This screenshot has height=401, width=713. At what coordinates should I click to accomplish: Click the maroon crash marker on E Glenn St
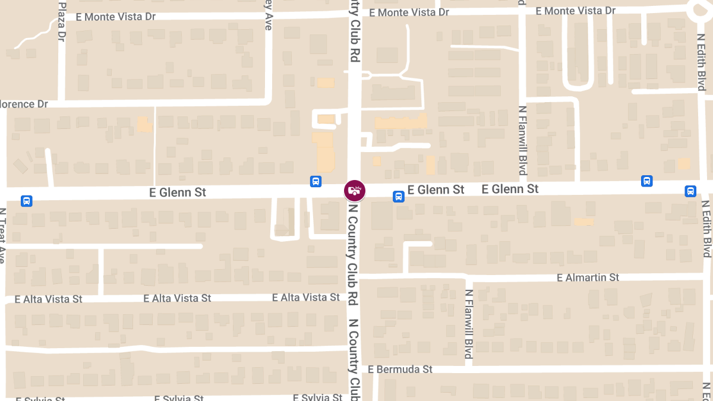click(x=355, y=191)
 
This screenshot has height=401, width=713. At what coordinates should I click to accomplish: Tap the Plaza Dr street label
click(x=62, y=21)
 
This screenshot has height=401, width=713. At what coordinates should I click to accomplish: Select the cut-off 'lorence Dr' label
click(x=24, y=104)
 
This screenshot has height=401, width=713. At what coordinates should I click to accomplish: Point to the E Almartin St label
click(x=588, y=277)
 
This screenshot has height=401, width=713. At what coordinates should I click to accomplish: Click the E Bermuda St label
click(x=400, y=369)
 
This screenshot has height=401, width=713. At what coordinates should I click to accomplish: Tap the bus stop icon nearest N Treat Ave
click(x=27, y=201)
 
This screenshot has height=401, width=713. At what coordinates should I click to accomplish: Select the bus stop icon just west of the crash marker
click(x=316, y=181)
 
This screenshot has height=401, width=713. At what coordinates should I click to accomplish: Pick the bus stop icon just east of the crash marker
click(x=399, y=196)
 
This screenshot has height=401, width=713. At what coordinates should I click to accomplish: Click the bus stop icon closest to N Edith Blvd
click(x=690, y=191)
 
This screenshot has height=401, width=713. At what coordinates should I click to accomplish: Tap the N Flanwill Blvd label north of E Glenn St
click(x=523, y=141)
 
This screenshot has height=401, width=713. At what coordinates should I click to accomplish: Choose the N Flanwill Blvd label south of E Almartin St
click(x=469, y=324)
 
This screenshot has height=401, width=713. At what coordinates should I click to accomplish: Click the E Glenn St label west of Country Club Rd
click(x=178, y=192)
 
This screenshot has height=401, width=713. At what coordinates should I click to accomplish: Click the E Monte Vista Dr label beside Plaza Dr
click(x=116, y=17)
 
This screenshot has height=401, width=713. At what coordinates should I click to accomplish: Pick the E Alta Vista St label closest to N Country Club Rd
click(x=305, y=297)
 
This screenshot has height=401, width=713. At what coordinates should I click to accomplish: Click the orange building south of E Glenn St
click(x=583, y=222)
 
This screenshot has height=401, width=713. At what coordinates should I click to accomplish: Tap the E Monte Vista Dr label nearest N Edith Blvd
click(x=575, y=11)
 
